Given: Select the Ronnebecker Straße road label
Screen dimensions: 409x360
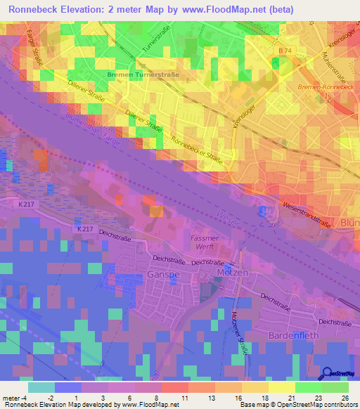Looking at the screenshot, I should coord(198,150).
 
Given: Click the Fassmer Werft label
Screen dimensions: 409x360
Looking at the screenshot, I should coord(206,244).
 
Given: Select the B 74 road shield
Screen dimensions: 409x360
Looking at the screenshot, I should coord(284,51).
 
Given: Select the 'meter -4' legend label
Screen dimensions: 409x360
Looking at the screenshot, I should coord(15,397).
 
